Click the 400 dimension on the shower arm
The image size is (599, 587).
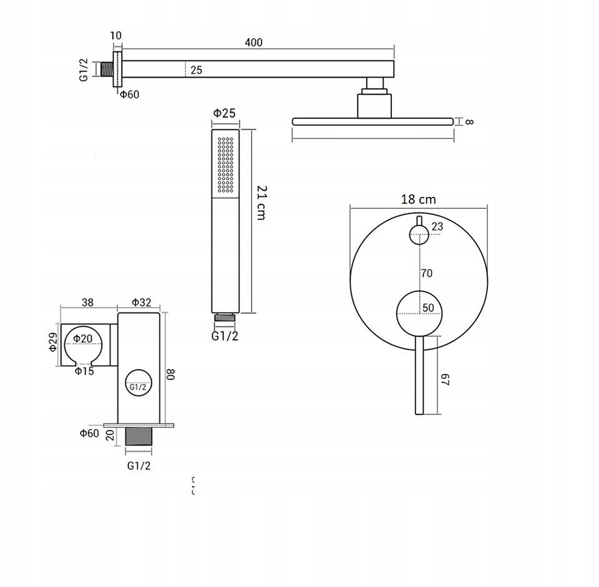(x=253, y=42)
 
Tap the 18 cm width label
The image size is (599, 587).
(x=418, y=199)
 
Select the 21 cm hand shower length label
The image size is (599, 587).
(x=261, y=203)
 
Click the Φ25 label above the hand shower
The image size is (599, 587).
(x=224, y=113)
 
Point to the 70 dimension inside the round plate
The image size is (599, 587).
(x=426, y=273)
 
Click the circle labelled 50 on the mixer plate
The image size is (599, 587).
(x=419, y=312)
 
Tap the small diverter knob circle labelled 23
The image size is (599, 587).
(x=419, y=235)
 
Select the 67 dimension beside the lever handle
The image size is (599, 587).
(x=446, y=380)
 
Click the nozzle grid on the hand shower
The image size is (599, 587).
(x=225, y=165)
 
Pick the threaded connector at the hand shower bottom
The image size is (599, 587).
(x=225, y=317)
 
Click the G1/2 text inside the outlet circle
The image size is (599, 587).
(x=138, y=386)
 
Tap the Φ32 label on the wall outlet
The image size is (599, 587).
(x=142, y=303)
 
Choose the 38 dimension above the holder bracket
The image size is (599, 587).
(x=88, y=303)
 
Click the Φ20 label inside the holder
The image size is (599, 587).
(x=82, y=338)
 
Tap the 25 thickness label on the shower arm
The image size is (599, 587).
(x=196, y=70)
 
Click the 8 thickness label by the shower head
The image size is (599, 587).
(x=469, y=122)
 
